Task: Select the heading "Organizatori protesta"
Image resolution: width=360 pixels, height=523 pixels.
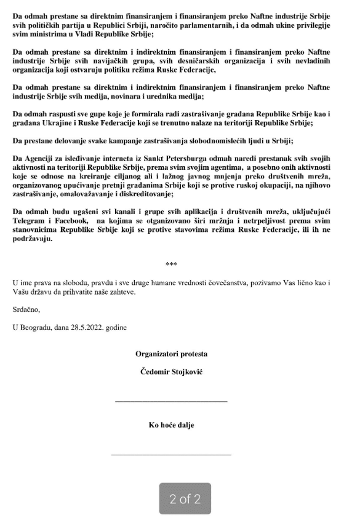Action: pos(172,354)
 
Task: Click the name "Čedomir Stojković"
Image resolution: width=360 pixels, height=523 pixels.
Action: pos(172,372)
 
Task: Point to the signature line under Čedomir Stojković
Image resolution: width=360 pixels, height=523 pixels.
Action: pos(172,401)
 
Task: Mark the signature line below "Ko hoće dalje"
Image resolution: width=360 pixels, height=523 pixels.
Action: pos(172,454)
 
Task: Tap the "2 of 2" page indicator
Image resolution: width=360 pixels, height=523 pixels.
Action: pos(185,499)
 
